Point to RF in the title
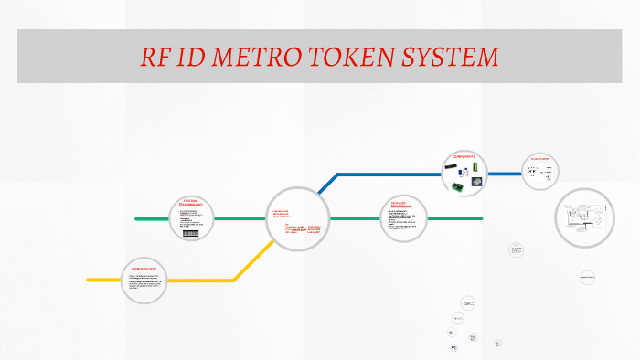point(155,57)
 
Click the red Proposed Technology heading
point(403,204)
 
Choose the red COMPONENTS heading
point(465,156)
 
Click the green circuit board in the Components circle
point(455,187)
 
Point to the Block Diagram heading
point(541,159)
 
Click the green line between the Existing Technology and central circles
point(240,219)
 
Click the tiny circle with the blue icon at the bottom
point(453,347)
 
